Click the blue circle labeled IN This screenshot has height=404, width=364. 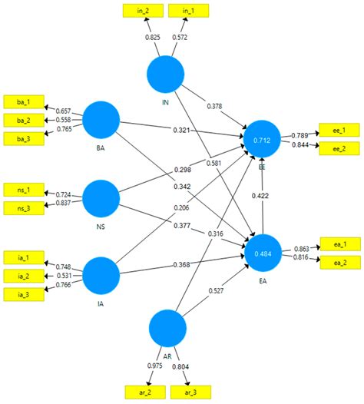(x=166, y=73)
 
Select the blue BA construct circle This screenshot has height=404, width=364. (x=101, y=120)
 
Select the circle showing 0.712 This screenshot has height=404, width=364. (x=263, y=140)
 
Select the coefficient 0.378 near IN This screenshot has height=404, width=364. (x=216, y=105)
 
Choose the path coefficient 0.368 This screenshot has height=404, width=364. (x=181, y=265)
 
